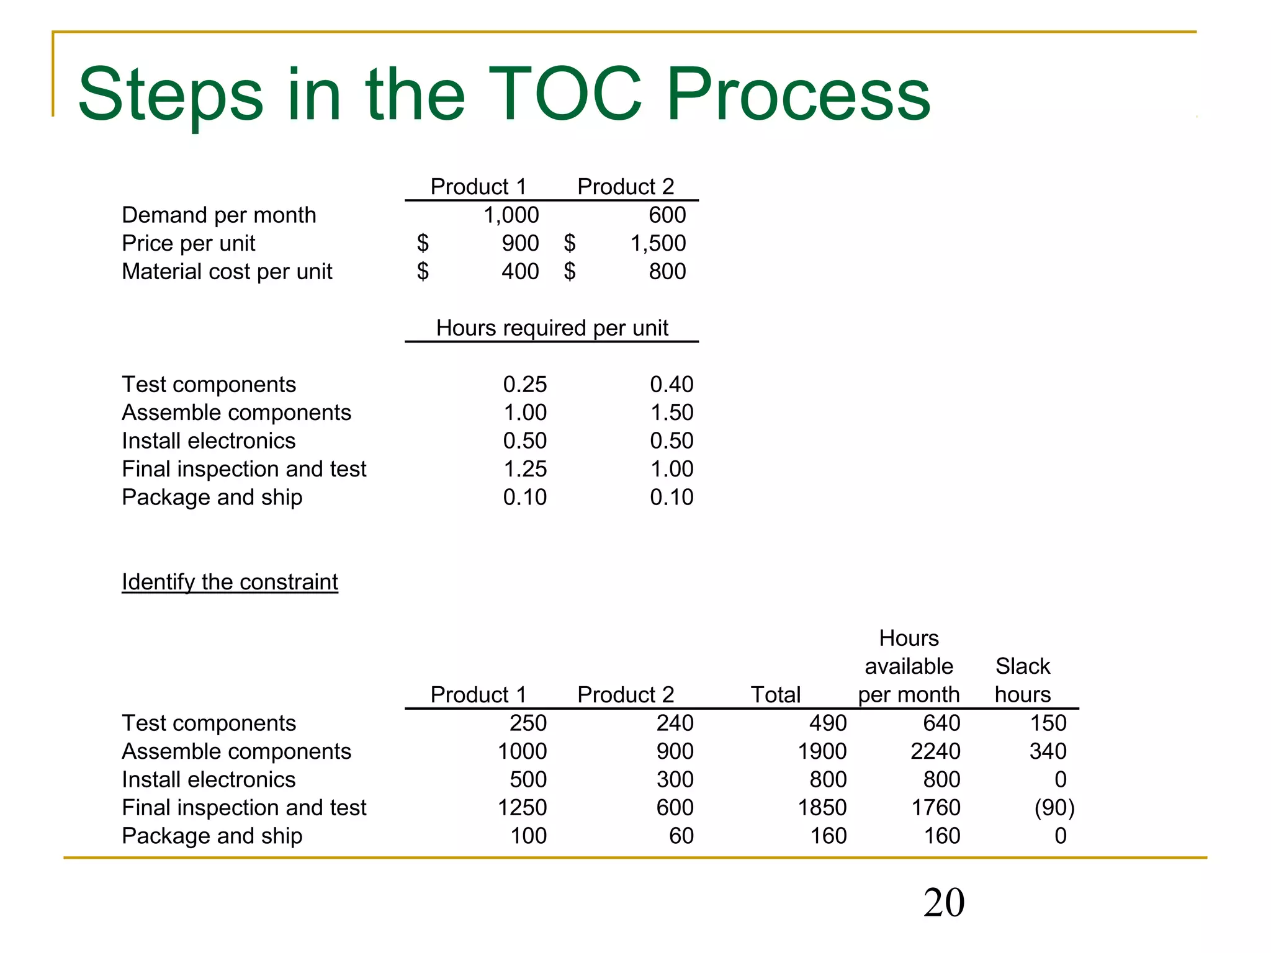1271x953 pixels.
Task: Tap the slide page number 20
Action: tap(943, 902)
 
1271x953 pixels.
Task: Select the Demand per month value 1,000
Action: tap(511, 215)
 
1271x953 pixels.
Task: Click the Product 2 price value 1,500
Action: tap(658, 243)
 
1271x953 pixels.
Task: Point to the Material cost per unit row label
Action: tap(227, 272)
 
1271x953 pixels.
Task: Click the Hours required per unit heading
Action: tap(552, 328)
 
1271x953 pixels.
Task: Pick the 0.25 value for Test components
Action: tap(524, 385)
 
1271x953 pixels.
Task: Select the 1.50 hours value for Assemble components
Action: tap(671, 413)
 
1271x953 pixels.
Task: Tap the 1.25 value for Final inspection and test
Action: tap(524, 469)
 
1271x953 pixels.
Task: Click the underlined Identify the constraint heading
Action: tap(230, 582)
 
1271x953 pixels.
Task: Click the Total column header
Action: tap(775, 694)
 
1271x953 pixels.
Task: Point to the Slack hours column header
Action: tap(1023, 681)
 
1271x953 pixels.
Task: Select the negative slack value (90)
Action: tap(1054, 808)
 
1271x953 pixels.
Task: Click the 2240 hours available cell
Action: tap(935, 751)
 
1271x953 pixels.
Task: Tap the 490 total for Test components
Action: tap(828, 723)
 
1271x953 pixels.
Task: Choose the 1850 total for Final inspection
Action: tap(822, 808)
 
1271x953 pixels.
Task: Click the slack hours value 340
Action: tap(1048, 751)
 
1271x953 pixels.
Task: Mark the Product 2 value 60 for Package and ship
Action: tap(681, 836)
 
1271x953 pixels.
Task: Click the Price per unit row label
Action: tap(188, 243)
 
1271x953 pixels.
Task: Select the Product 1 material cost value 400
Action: tap(520, 272)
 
